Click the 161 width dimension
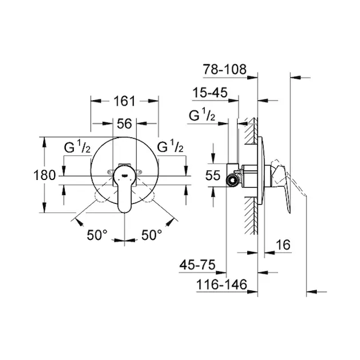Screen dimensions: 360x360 coord(125,101)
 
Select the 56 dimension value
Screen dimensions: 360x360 coord(125,124)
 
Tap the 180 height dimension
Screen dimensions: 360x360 coord(44,175)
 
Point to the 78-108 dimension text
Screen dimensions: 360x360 coord(224,69)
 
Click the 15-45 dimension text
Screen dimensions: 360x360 coord(210,92)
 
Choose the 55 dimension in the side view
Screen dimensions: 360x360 coord(213,175)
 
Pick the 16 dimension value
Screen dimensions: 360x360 coord(283,245)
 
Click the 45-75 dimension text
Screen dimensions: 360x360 coord(197,265)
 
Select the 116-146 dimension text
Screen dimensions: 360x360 coord(221,284)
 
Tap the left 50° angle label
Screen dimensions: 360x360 coord(97,235)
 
